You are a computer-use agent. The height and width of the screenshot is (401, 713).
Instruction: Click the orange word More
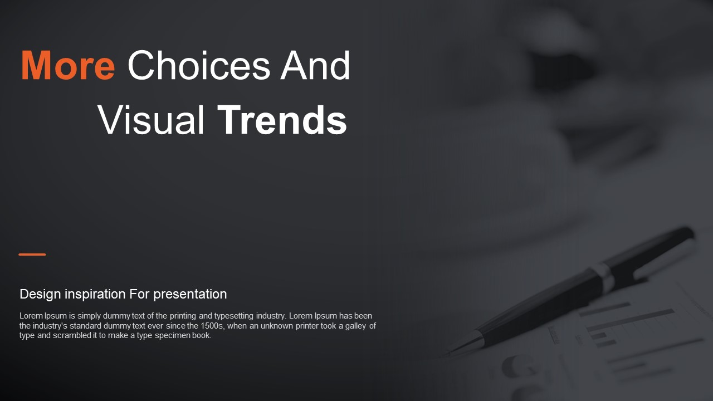point(68,65)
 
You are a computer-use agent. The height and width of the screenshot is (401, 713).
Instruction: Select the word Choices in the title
point(199,65)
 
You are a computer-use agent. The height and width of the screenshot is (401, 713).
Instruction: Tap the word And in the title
point(315,65)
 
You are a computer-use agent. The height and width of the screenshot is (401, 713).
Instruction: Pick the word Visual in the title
point(150,120)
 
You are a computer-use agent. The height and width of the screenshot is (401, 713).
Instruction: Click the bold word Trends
point(282,120)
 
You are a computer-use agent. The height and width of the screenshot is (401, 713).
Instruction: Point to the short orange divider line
point(32,255)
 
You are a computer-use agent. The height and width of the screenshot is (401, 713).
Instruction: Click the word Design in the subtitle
point(41,295)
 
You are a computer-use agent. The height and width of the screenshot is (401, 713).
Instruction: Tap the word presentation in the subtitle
point(190,295)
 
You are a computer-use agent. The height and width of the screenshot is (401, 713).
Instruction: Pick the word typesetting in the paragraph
point(234,316)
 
